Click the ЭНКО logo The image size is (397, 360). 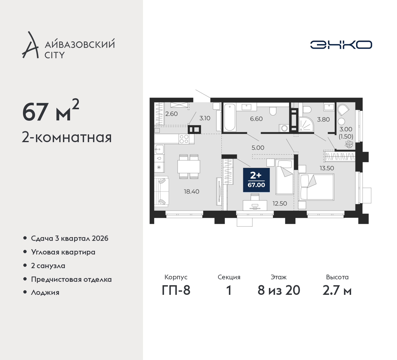(x=341, y=45)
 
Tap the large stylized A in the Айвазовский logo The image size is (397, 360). (x=30, y=45)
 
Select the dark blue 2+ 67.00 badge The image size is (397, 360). (x=256, y=180)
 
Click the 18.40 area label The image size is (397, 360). (x=192, y=191)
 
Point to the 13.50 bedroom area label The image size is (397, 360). (x=327, y=168)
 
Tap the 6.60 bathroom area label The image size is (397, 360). (x=256, y=119)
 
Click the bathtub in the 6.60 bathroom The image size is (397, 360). (x=230, y=117)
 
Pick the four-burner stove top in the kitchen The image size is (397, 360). (x=184, y=139)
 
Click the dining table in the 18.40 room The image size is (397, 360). (x=189, y=167)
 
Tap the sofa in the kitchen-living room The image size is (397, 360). (x=162, y=191)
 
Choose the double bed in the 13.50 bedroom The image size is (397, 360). (x=316, y=187)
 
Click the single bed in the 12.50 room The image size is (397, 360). (x=285, y=177)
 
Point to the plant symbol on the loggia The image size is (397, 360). (x=349, y=144)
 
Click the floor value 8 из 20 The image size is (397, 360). (x=279, y=290)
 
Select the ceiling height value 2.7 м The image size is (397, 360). (x=337, y=290)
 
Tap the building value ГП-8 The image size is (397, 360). (x=176, y=290)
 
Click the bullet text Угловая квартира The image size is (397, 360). (x=63, y=252)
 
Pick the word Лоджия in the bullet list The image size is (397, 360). (x=45, y=292)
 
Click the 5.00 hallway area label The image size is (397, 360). (x=258, y=148)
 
